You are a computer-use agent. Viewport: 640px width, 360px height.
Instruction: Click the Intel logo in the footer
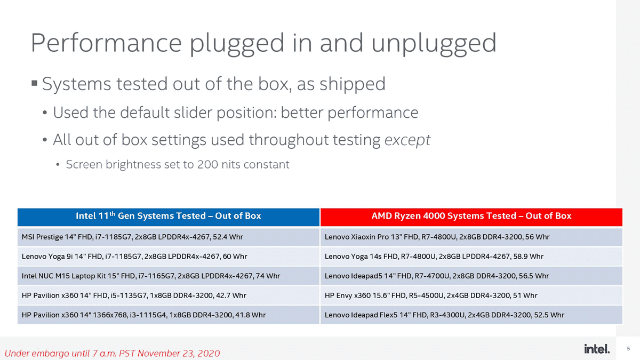click(x=597, y=349)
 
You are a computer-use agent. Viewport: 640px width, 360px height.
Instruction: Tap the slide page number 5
click(x=628, y=349)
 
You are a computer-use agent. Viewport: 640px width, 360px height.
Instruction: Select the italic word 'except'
click(x=407, y=140)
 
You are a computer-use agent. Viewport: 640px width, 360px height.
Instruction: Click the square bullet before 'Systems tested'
click(x=34, y=83)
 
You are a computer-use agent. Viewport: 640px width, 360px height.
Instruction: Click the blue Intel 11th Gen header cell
click(x=169, y=217)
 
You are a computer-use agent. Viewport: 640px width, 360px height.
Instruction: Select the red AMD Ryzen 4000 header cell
click(x=471, y=217)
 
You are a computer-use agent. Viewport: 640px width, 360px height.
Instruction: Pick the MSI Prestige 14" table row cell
click(x=169, y=237)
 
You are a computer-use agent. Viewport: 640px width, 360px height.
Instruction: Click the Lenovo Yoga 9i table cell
click(x=169, y=257)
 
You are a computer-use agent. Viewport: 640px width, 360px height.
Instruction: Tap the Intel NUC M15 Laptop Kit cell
click(x=169, y=276)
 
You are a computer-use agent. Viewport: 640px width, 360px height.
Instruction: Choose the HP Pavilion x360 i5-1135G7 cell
click(x=169, y=295)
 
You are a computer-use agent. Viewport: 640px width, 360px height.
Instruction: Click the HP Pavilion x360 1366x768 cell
click(x=169, y=315)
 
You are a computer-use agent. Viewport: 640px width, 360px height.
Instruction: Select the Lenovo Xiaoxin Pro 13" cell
click(x=471, y=237)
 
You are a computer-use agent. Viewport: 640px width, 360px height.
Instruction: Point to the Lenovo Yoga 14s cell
click(x=471, y=257)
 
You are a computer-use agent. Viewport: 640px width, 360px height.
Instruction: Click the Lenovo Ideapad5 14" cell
click(x=471, y=276)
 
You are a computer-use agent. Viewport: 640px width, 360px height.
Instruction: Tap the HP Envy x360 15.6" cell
click(x=471, y=295)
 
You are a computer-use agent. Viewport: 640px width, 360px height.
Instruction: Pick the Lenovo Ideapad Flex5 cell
click(x=471, y=315)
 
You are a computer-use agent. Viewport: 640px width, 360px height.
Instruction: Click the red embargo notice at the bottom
click(x=113, y=354)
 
